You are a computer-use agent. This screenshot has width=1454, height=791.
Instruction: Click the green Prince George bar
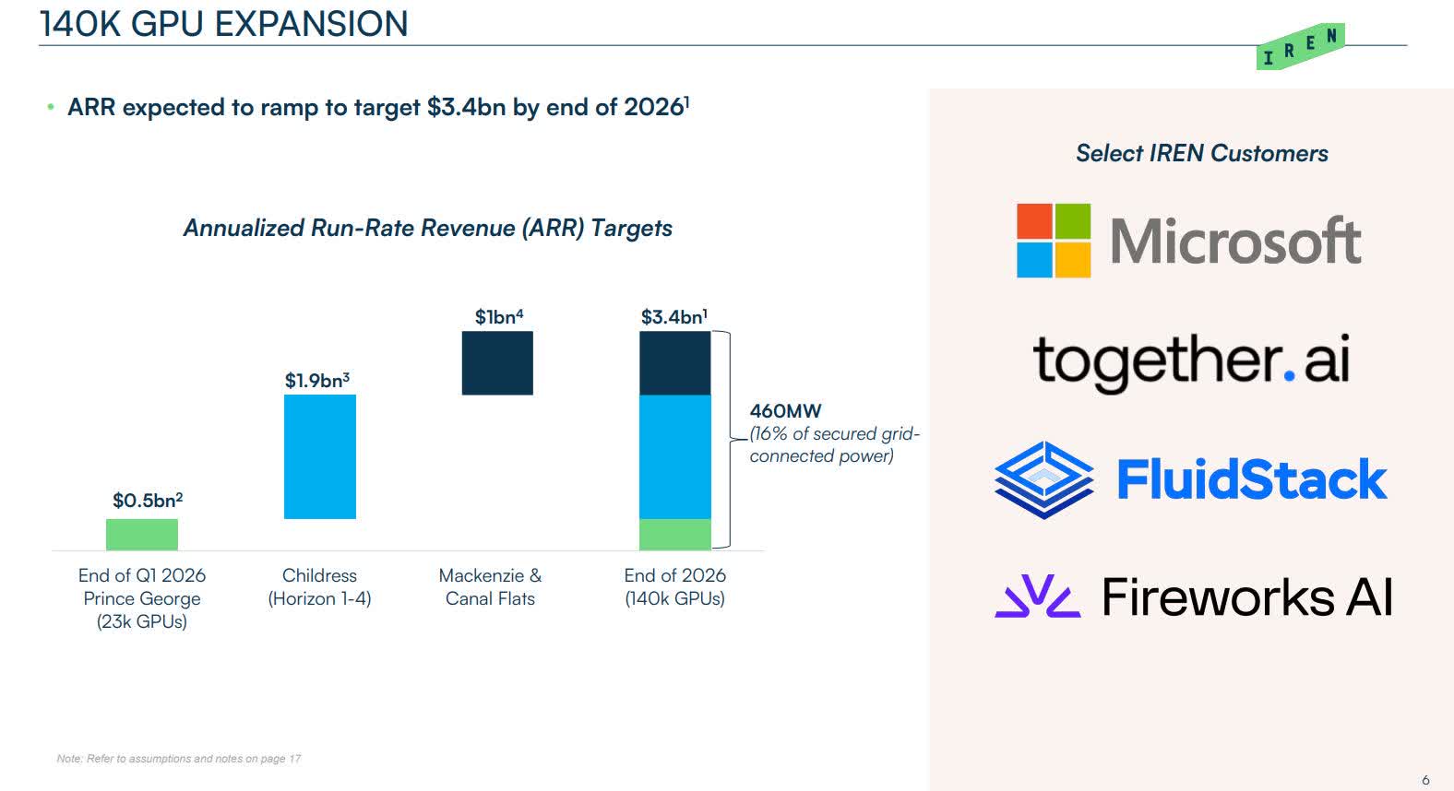142,535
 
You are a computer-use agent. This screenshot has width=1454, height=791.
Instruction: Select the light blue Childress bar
319,456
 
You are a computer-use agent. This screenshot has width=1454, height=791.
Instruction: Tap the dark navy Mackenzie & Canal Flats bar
497,363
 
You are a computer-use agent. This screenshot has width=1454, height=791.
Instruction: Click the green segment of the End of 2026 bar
675,535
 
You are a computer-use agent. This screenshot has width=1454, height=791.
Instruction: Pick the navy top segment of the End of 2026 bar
675,363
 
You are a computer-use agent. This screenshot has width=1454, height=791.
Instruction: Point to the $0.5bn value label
148,501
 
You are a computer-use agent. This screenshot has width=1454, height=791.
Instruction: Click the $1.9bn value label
316,381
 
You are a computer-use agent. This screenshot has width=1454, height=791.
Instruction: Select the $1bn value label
498,317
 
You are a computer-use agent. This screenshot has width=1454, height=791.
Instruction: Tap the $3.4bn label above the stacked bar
674,317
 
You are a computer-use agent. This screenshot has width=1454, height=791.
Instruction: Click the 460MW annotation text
785,411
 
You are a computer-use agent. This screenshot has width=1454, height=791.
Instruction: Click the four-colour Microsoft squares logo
1054,241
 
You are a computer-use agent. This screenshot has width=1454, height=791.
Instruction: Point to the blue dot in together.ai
1289,375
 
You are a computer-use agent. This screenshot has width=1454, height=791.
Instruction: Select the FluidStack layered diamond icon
1043,479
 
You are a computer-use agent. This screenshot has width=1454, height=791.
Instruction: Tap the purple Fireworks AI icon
1037,596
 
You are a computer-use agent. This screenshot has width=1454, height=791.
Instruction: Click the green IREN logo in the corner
1301,47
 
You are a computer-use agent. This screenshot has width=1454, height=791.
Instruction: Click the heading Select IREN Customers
1201,154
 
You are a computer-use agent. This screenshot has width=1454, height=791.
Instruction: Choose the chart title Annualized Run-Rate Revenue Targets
427,229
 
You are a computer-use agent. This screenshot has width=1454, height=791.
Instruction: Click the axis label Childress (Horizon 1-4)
319,587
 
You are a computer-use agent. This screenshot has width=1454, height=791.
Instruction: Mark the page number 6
1425,780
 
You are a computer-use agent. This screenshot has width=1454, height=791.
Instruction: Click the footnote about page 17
179,759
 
